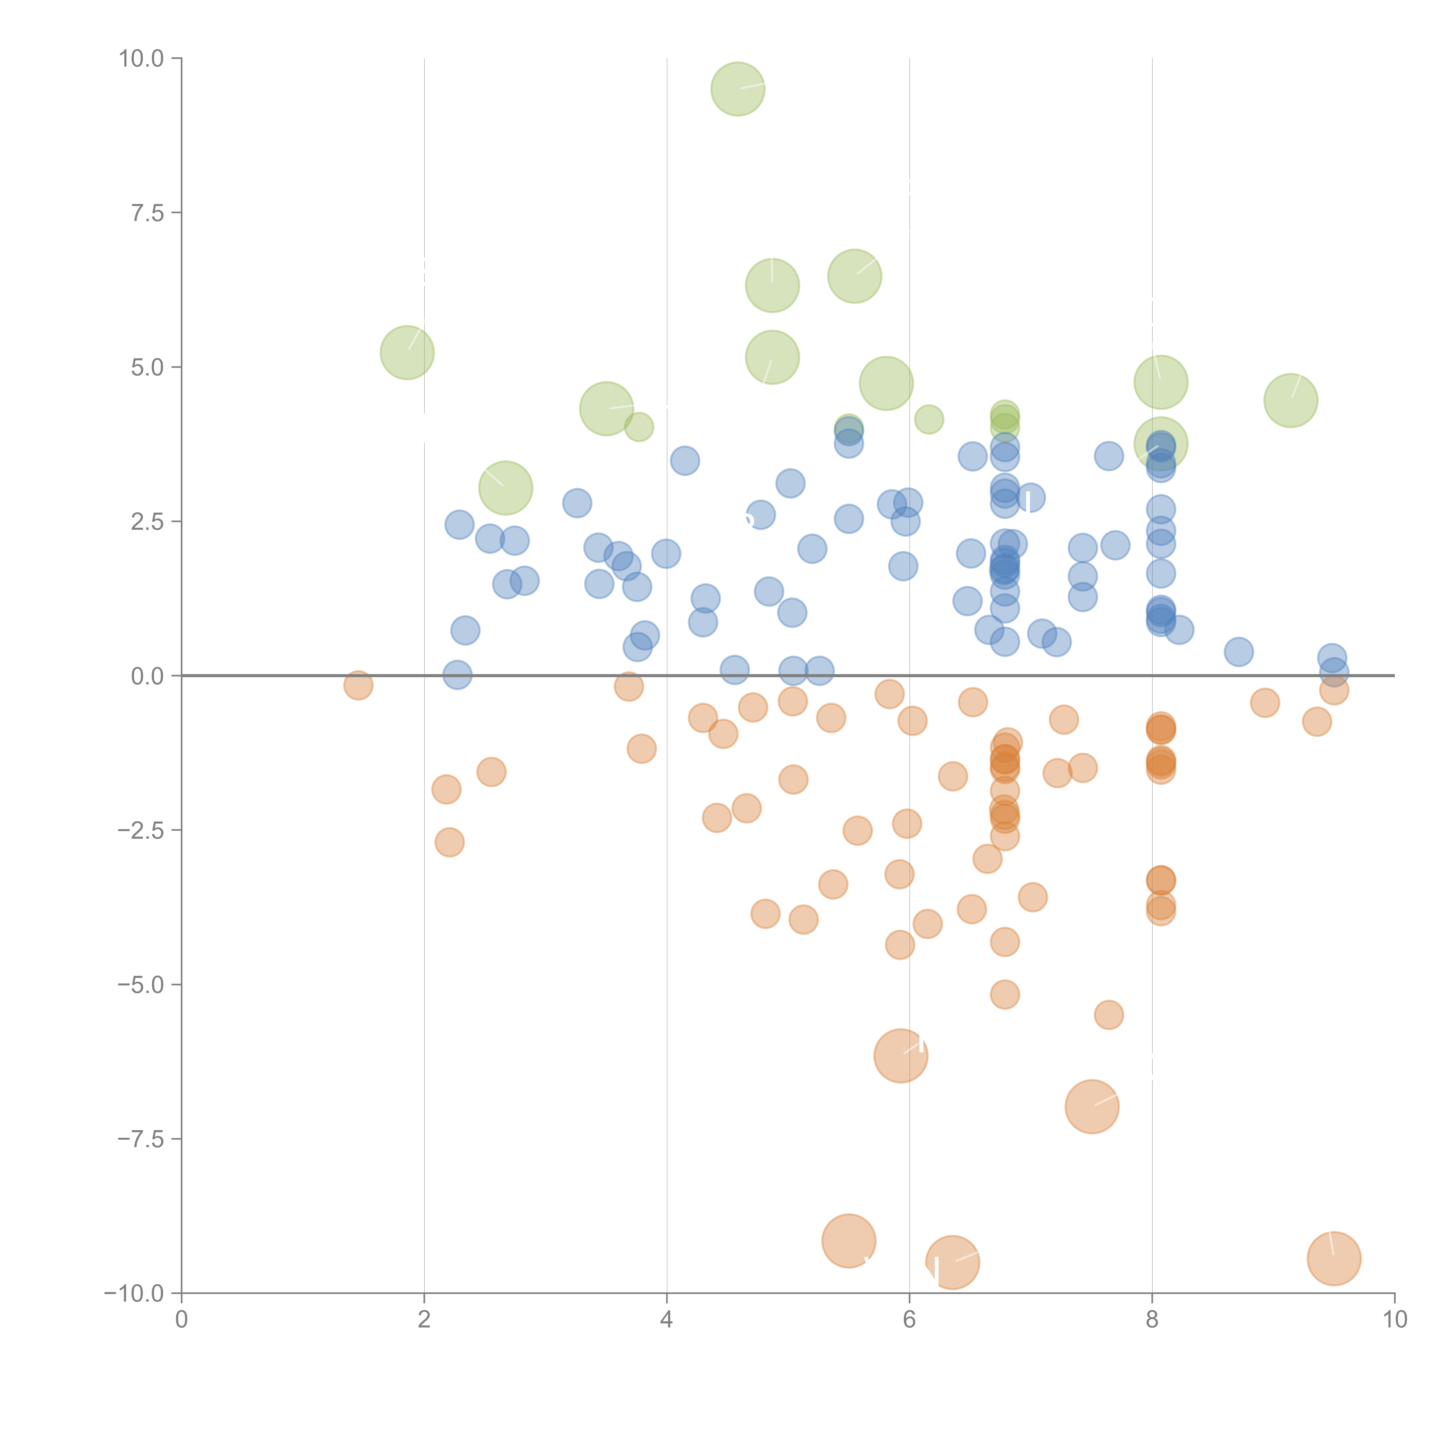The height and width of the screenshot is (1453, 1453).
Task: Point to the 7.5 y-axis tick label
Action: pyautogui.click(x=147, y=213)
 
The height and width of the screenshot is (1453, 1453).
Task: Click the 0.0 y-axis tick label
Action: pyautogui.click(x=147, y=676)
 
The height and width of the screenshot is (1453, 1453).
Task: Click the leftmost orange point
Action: pyautogui.click(x=358, y=685)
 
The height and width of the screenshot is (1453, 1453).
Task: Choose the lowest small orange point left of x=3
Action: pyautogui.click(x=449, y=842)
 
